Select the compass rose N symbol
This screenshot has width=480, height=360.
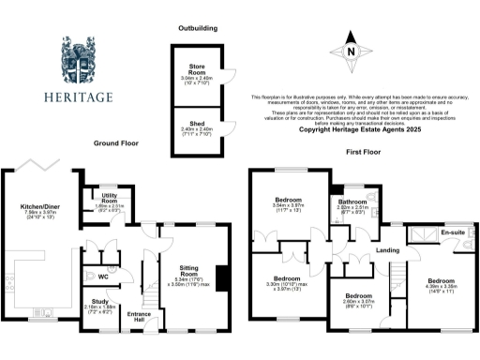click(x=350, y=53)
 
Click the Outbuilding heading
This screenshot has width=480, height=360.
click(x=197, y=29)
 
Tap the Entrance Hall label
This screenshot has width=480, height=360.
click(x=139, y=317)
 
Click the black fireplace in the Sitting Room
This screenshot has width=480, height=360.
click(x=221, y=277)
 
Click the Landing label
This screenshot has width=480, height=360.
click(x=363, y=248)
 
